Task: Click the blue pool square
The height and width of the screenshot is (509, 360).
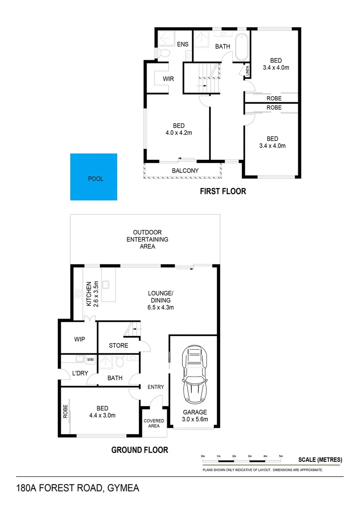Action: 93,177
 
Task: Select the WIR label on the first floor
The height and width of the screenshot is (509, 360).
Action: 168,79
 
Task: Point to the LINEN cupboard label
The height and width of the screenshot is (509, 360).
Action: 247,71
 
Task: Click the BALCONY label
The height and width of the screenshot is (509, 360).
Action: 185,171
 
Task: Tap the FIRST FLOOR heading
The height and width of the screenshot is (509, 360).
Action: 223,191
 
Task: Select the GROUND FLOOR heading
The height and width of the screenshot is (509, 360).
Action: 139,450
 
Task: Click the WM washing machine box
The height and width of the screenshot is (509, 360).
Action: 90,360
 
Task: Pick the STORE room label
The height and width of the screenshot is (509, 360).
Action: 118,345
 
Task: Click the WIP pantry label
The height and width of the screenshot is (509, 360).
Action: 79,339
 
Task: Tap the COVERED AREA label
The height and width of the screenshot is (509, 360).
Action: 154,423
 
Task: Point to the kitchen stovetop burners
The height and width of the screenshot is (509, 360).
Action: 77,296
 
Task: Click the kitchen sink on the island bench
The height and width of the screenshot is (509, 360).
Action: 107,285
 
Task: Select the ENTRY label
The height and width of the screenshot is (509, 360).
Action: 155,387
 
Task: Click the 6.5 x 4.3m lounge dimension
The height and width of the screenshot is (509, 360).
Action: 161,307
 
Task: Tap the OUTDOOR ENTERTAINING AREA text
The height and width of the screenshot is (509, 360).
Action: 147,239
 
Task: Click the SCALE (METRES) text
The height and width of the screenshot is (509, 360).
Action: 320,460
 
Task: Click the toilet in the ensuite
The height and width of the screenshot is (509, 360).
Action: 164,53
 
